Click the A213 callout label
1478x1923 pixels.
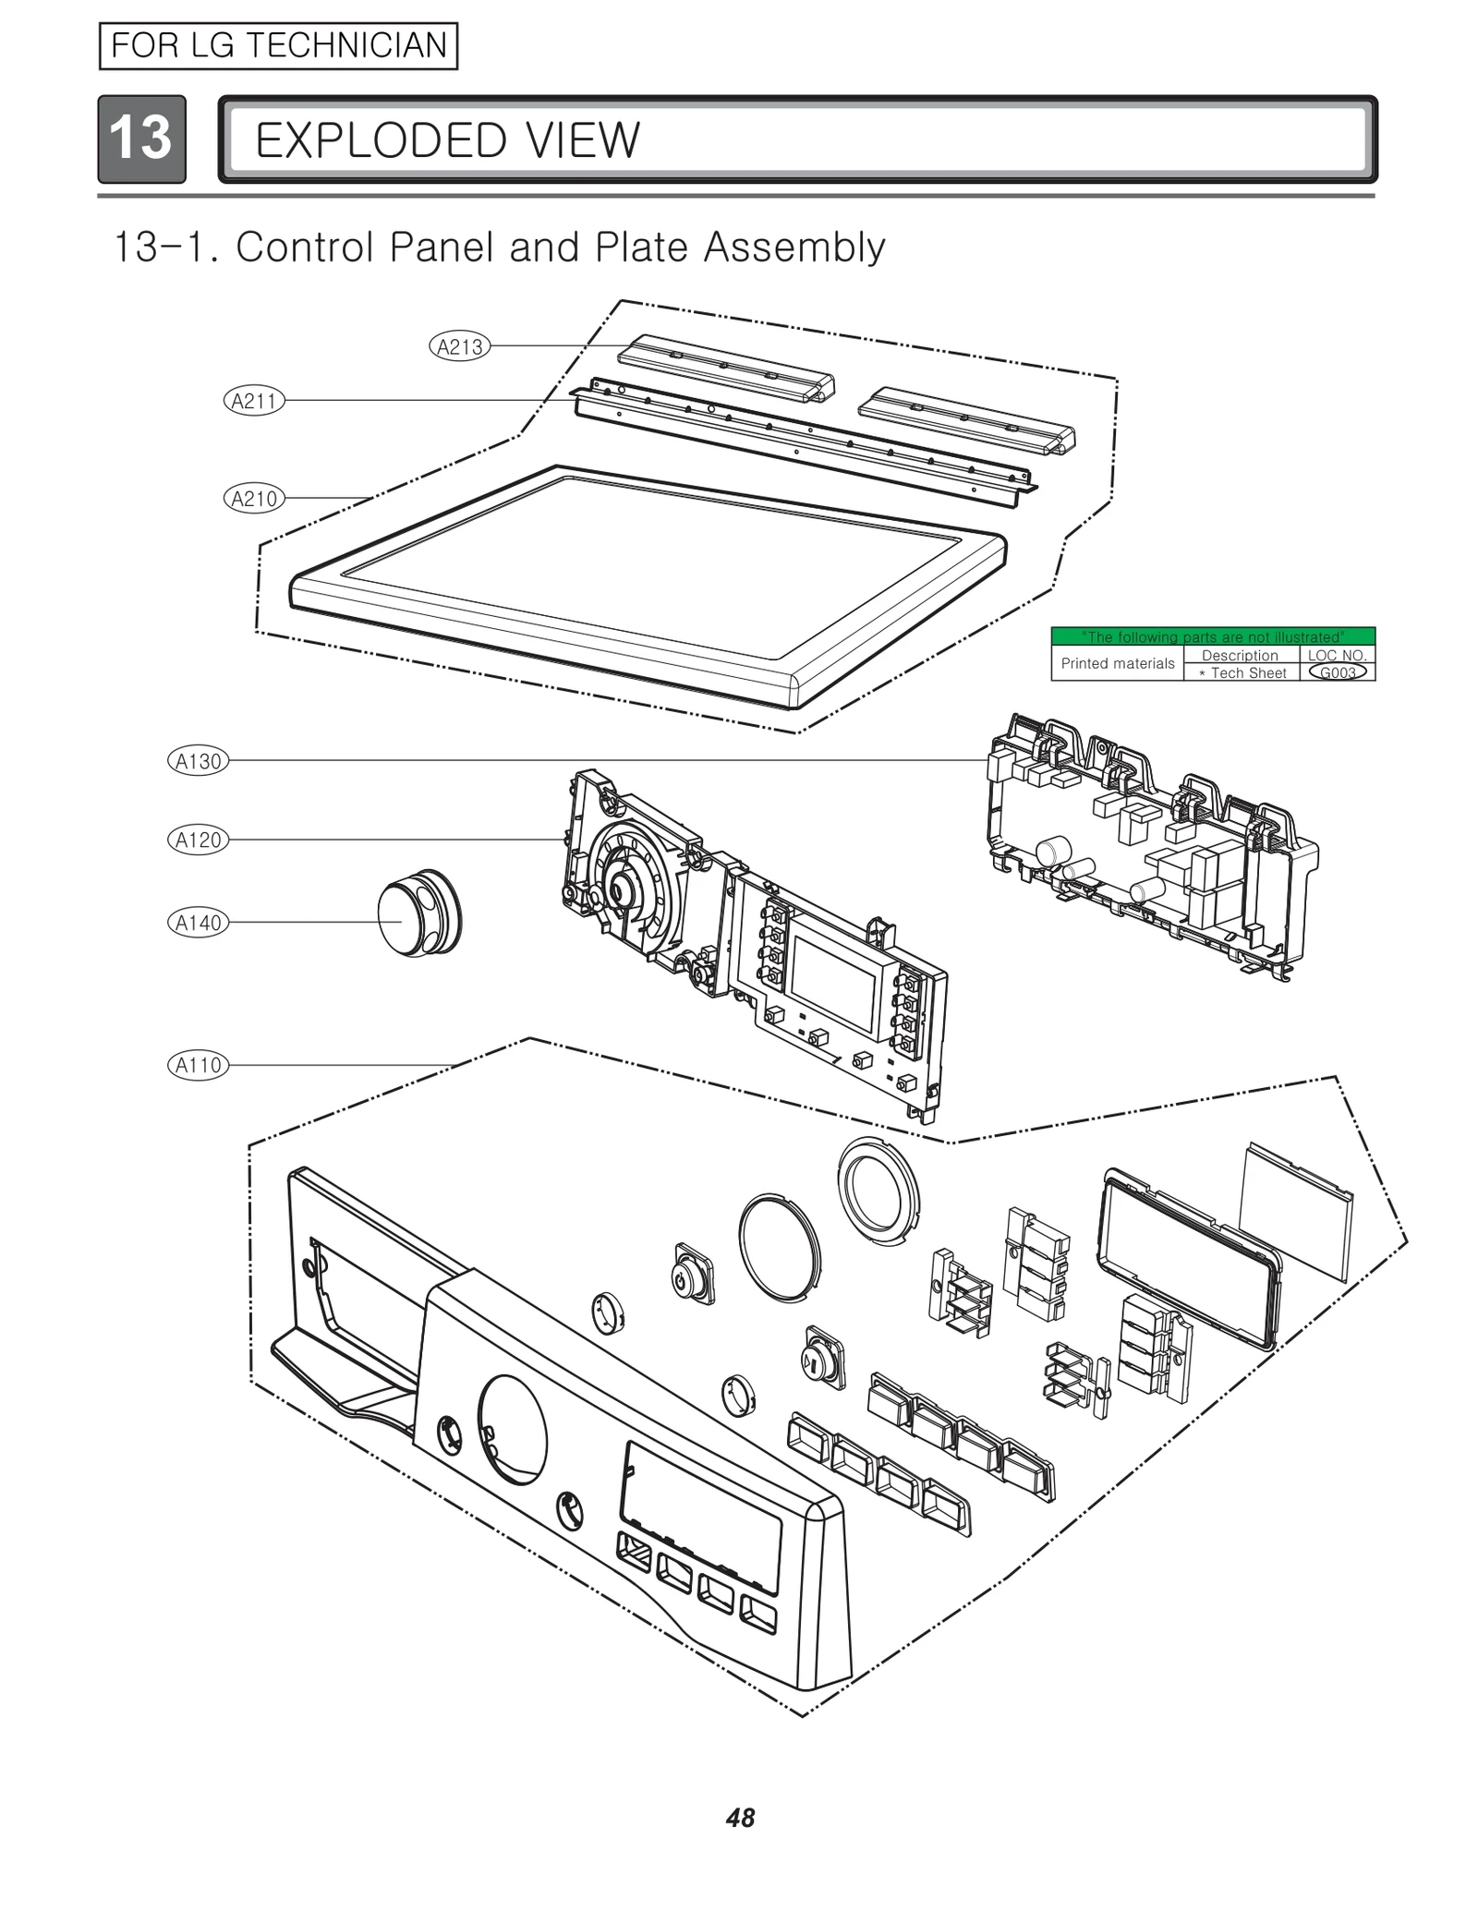point(459,347)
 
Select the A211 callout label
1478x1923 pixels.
point(254,401)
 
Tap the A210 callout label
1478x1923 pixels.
point(254,500)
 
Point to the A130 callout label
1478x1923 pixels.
point(199,762)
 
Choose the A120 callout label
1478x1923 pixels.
point(199,841)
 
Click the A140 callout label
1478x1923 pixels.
point(199,923)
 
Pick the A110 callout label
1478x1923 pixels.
point(199,1066)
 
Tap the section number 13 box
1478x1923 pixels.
point(141,139)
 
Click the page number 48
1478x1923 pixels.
point(740,1818)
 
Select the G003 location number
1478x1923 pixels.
point(1337,672)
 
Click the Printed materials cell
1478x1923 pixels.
point(1117,663)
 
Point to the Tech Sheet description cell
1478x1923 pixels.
point(1241,673)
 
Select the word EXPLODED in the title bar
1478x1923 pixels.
point(380,140)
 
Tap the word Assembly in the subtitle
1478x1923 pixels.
point(794,248)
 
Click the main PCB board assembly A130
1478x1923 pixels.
point(1150,845)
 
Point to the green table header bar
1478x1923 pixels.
point(1212,636)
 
